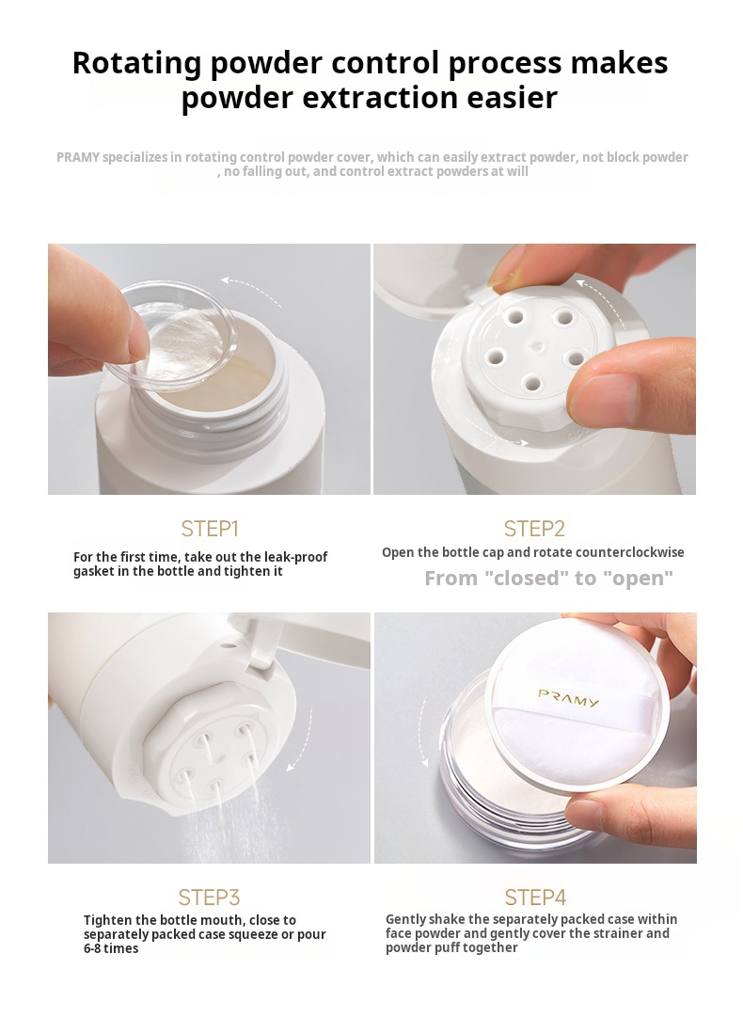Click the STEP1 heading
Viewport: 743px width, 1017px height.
[x=210, y=529]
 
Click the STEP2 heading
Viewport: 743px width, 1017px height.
[x=534, y=529]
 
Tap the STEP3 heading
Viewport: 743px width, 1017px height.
[x=210, y=898]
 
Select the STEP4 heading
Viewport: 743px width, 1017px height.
[x=535, y=898]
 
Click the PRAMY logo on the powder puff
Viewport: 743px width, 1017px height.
[x=568, y=698]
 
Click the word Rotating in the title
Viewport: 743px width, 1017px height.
[x=137, y=63]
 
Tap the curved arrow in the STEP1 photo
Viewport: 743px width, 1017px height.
[x=251, y=289]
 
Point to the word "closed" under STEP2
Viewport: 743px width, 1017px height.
[x=528, y=579]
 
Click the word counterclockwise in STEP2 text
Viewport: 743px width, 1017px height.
[x=635, y=553]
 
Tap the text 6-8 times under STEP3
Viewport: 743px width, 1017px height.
[x=111, y=949]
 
